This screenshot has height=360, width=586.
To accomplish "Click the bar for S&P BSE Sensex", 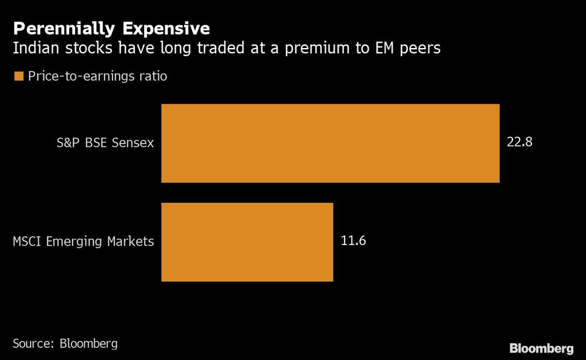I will click(x=330, y=143).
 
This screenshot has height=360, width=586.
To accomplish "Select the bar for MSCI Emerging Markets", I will click(x=247, y=242).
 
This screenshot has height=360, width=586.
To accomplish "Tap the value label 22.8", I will click(x=519, y=143).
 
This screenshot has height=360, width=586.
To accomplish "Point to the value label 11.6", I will click(x=353, y=242).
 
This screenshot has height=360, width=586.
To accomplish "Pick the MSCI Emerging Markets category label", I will click(x=83, y=242).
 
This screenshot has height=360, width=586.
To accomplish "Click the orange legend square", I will click(x=18, y=76).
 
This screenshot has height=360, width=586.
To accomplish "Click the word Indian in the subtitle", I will click(x=34, y=49).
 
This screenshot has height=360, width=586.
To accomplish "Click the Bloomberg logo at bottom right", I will click(x=541, y=348).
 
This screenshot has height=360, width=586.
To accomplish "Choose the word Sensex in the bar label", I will click(x=134, y=143).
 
